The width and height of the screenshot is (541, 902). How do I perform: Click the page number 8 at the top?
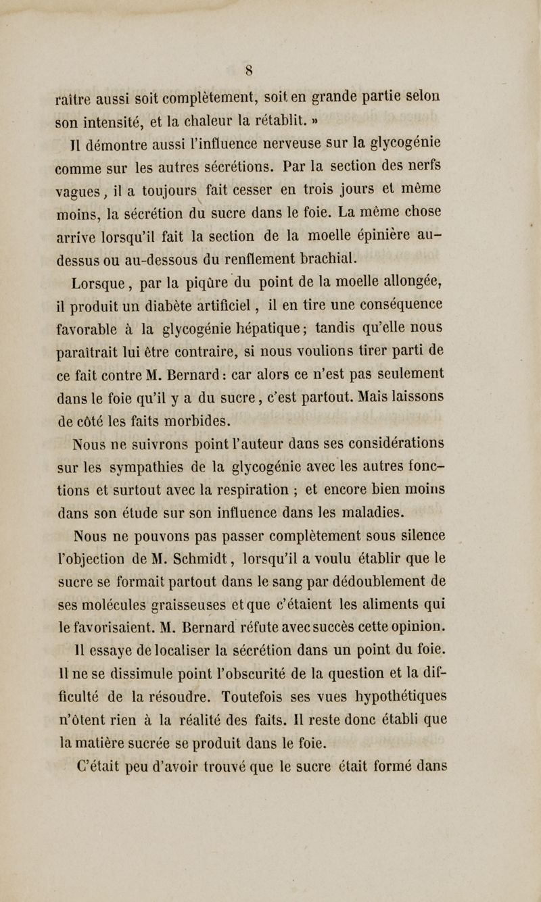click(x=270, y=68)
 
